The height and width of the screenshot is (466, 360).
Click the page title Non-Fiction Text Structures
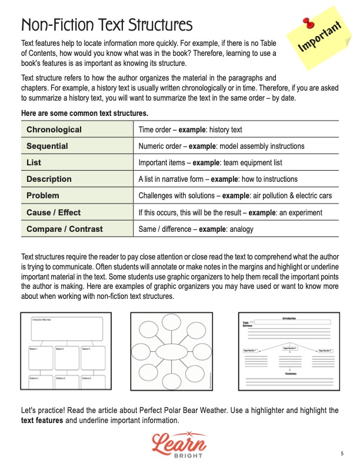[x=106, y=25]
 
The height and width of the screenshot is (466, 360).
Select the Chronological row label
[x=54, y=129]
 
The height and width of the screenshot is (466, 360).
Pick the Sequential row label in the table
[x=47, y=146]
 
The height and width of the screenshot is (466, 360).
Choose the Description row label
[x=49, y=179]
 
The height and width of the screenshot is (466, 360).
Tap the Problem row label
[x=42, y=195]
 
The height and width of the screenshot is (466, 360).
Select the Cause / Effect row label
[x=54, y=212]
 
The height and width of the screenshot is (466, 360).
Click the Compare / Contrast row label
[x=64, y=228]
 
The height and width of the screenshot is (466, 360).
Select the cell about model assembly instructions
[x=221, y=146]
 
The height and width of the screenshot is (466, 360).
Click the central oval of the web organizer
[x=171, y=352]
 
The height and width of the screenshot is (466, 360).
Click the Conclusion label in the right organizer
[x=288, y=373]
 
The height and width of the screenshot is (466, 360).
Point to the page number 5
[x=342, y=453]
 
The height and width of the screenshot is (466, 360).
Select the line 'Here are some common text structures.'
[x=84, y=113]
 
